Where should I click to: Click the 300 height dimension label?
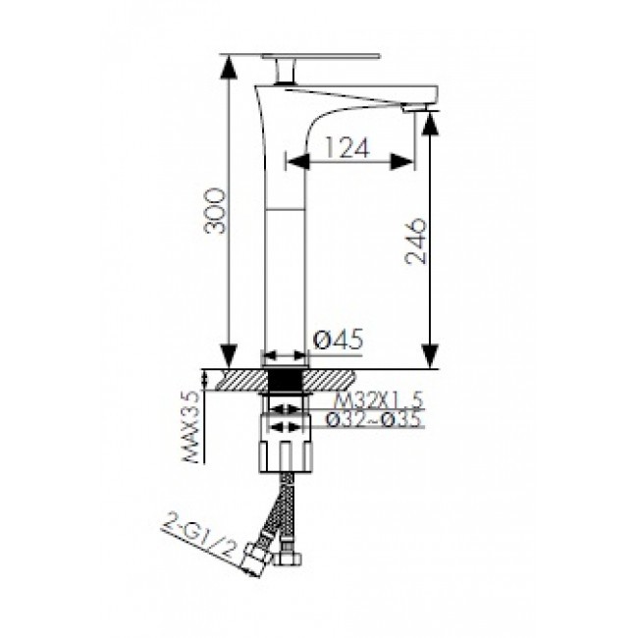coord(215,211)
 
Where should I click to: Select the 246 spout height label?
coord(416,241)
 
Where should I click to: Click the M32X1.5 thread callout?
coord(379,401)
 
